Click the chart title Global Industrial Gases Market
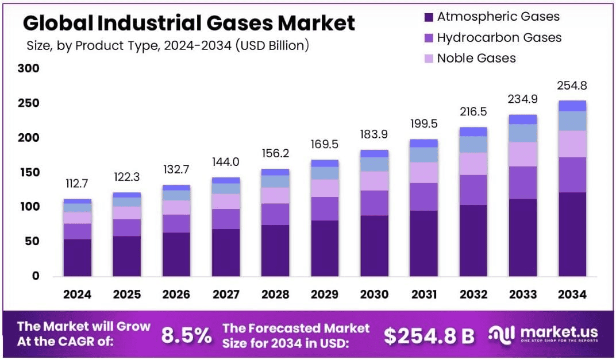point(188,23)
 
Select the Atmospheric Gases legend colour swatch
point(429,17)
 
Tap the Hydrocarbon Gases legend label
point(499,38)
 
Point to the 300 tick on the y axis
point(28,69)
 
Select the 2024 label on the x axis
point(77,295)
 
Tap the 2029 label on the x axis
point(324,295)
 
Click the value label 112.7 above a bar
point(77,184)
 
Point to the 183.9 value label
point(374,134)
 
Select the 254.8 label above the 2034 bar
point(572,86)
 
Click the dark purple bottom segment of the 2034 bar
point(572,234)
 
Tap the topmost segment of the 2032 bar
point(473,131)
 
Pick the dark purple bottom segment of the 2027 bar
point(225,253)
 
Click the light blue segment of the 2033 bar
point(522,133)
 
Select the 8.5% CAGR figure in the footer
point(186,335)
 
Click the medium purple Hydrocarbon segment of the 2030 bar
point(374,203)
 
